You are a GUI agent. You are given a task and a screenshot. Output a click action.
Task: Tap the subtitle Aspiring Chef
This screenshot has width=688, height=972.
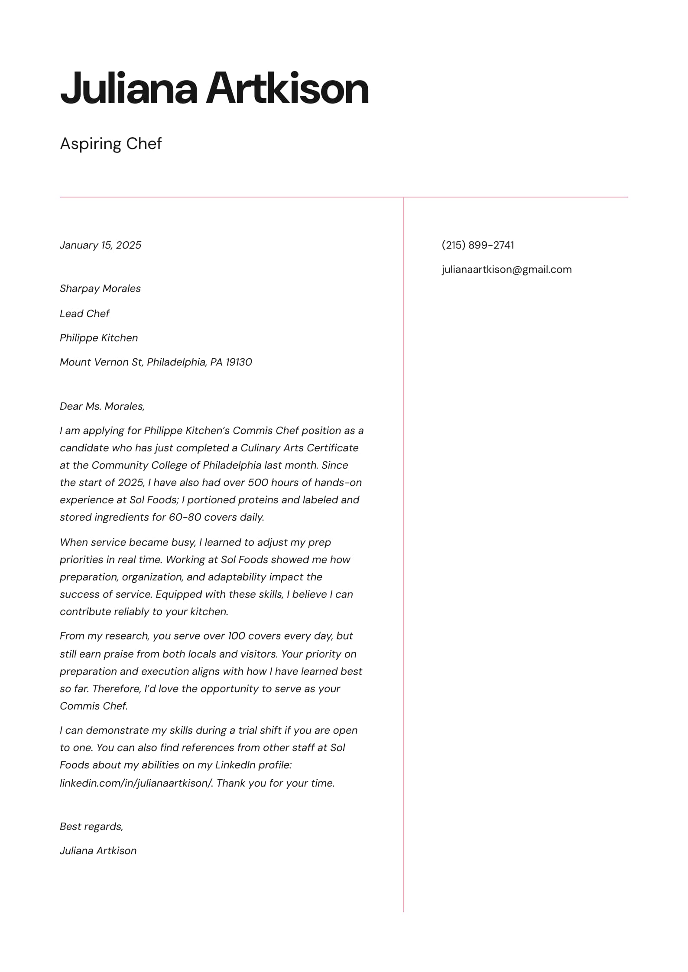click(x=110, y=144)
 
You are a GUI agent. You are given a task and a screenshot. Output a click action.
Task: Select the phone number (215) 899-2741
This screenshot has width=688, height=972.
click(x=477, y=245)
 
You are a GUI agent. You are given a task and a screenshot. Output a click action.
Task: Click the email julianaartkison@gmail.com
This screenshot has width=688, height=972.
click(x=506, y=269)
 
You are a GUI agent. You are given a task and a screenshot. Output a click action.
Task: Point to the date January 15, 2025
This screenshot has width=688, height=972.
click(x=101, y=245)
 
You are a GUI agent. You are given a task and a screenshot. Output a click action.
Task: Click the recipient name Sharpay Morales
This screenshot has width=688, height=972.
click(x=100, y=288)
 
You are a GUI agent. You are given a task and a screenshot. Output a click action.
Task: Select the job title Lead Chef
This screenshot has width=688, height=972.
click(x=84, y=314)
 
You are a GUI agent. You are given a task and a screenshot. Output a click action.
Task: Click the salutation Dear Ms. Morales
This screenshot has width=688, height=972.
click(x=102, y=406)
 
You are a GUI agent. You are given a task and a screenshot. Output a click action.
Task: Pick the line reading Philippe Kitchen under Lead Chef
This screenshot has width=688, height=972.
click(x=99, y=338)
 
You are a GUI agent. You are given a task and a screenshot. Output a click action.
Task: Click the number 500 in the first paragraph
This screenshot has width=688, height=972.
click(x=257, y=483)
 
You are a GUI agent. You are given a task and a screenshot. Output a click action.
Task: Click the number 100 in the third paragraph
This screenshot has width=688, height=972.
click(x=237, y=636)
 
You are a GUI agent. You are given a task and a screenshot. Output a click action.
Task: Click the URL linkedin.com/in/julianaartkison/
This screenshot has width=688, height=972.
click(x=136, y=783)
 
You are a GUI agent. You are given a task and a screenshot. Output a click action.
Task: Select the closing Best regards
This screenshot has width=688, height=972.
click(x=91, y=826)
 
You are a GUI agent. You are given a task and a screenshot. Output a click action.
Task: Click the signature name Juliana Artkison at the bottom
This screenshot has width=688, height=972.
click(x=98, y=851)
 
